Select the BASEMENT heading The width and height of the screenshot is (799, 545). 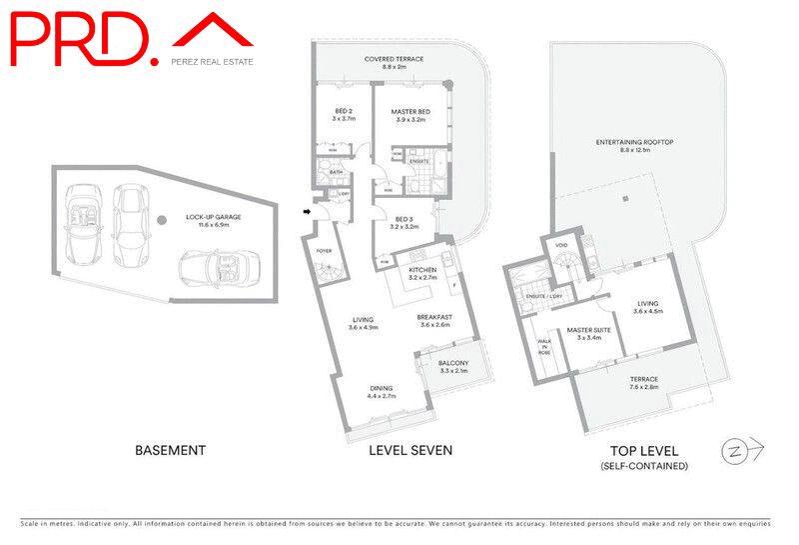170,451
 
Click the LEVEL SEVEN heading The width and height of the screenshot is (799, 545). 410,451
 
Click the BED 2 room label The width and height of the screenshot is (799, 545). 330,114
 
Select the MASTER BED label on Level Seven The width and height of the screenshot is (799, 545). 410,114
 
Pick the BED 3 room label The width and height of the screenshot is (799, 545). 404,222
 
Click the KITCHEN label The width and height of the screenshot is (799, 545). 425,271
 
